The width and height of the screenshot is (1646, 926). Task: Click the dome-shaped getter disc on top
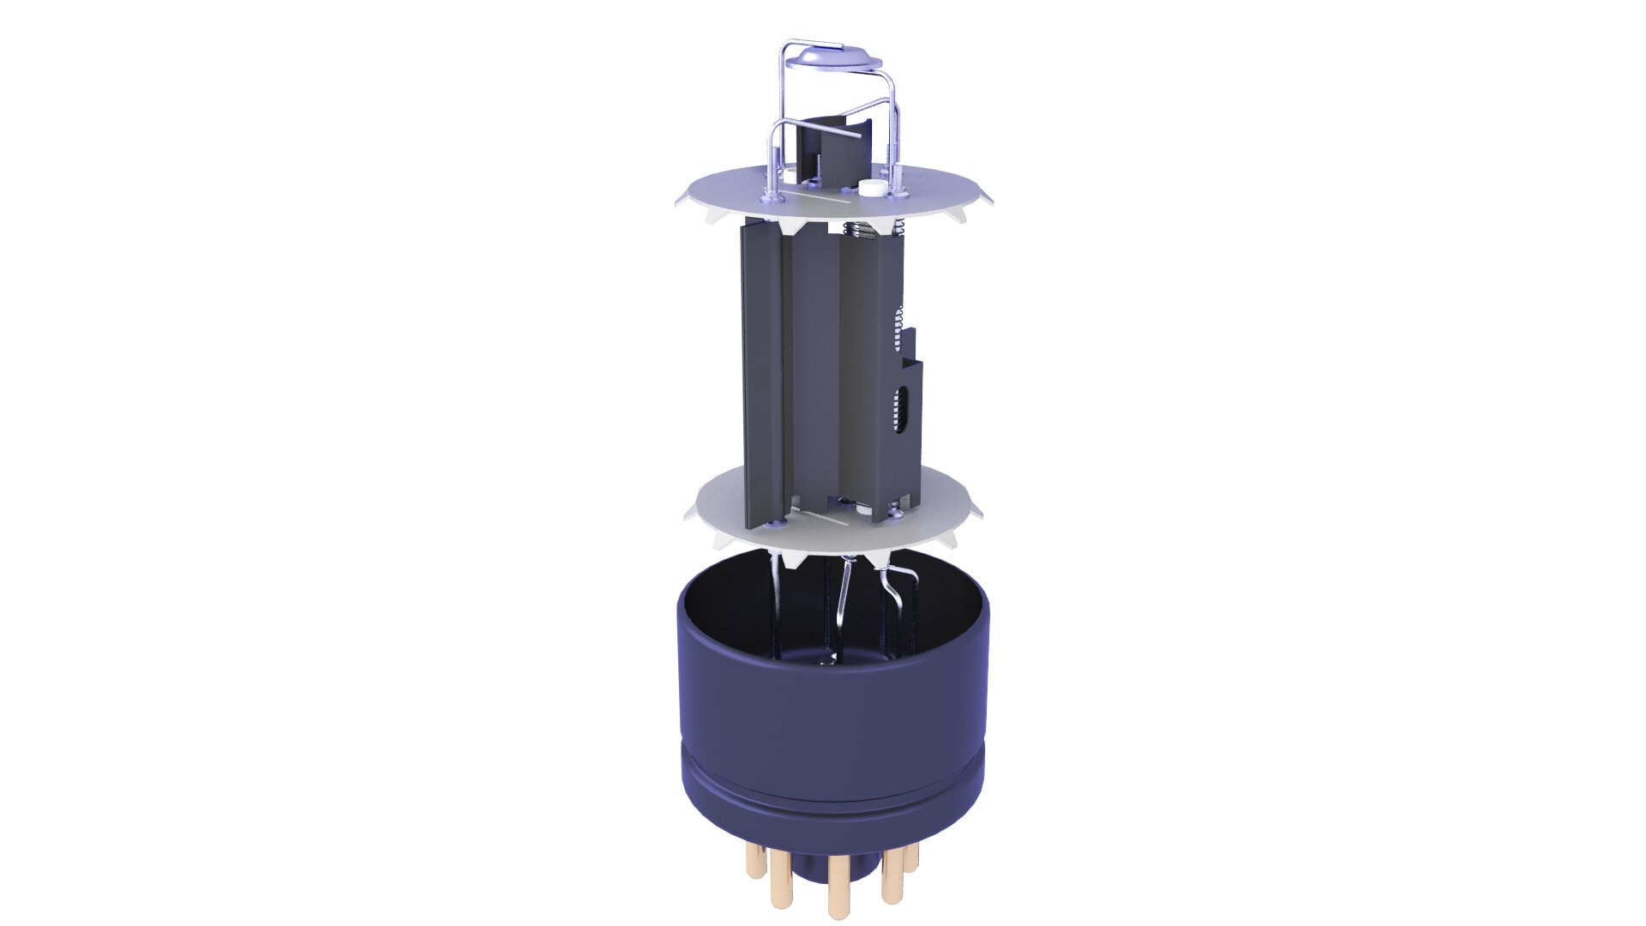[x=834, y=57]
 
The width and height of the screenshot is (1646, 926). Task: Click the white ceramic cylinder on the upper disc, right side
[x=872, y=188]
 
